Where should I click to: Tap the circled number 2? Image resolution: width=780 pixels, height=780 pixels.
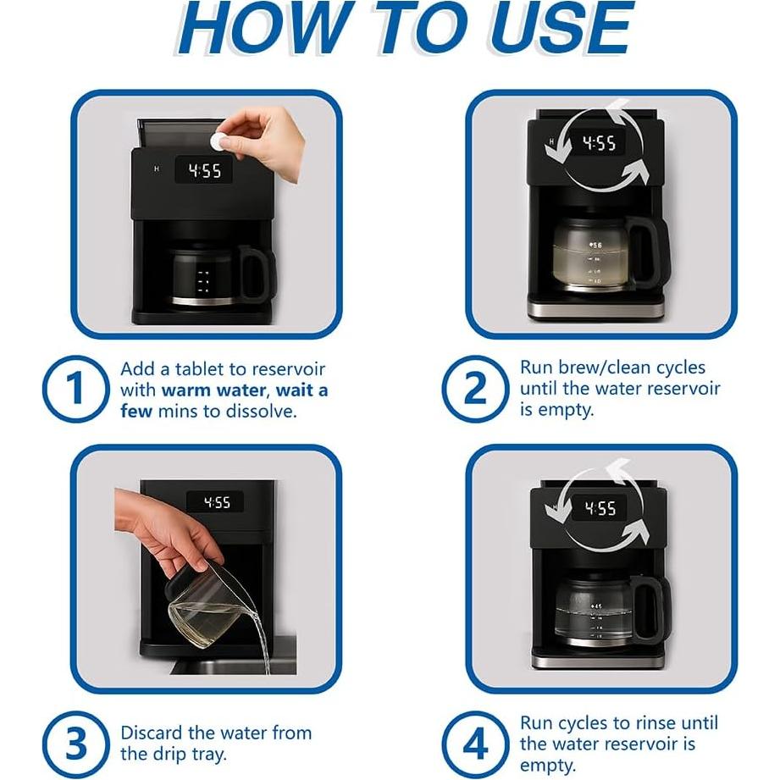(x=475, y=389)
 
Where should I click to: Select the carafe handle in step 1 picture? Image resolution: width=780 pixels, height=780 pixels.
(x=255, y=273)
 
